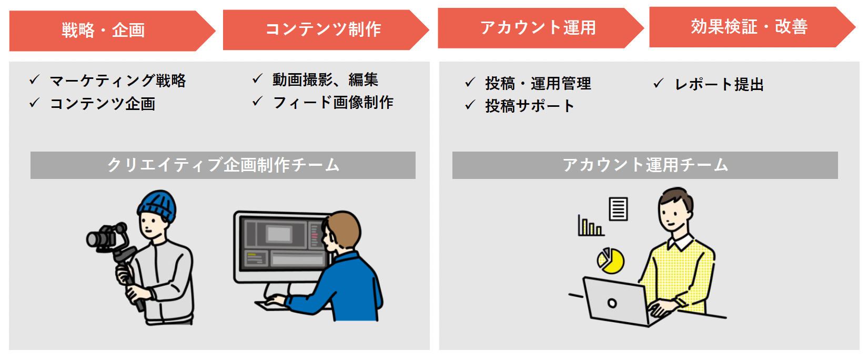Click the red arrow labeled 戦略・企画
(103, 31)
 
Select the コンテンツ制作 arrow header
(323, 29)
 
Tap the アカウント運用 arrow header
(538, 28)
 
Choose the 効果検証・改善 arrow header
(749, 27)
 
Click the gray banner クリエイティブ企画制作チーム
(223, 165)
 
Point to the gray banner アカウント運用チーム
(645, 165)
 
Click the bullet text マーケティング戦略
(118, 81)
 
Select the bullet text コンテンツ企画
(103, 104)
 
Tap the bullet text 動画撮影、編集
(325, 79)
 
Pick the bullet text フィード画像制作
(333, 102)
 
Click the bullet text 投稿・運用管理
(538, 83)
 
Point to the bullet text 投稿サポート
(529, 106)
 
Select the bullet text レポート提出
(719, 84)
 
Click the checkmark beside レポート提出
(658, 83)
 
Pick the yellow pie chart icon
(611, 261)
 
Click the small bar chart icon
(590, 226)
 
